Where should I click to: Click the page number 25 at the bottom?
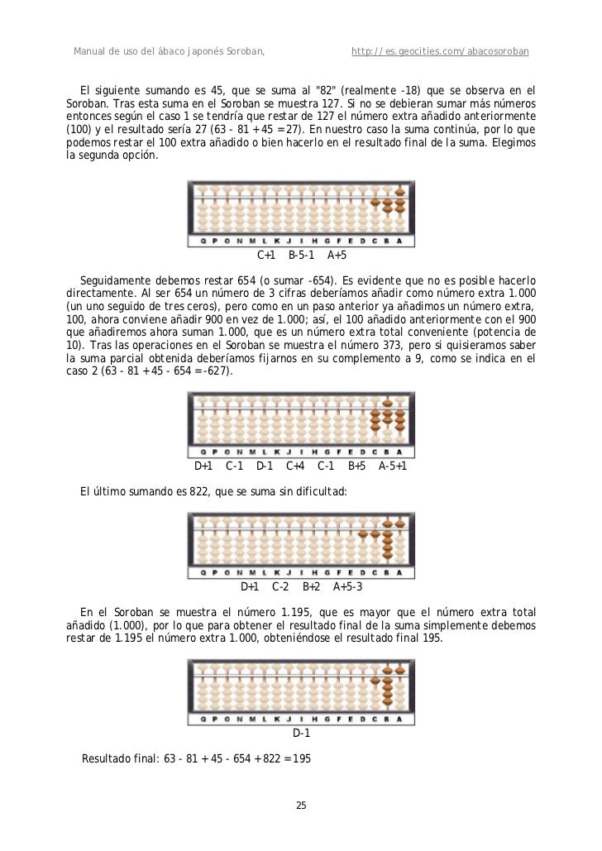coord(301,806)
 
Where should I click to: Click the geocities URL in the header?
coord(440,53)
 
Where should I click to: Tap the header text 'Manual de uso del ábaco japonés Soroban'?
coord(170,53)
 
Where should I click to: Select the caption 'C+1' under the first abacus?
coord(266,256)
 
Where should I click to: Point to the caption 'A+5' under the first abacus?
coord(337,256)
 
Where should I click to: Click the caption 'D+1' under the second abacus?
coord(203,466)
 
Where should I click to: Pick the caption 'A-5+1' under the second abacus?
coord(393,466)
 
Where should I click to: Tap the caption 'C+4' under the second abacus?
coord(295,466)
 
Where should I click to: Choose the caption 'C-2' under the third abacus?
coord(280,587)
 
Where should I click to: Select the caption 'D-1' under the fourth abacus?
coord(302,734)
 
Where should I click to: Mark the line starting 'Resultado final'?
coord(196,758)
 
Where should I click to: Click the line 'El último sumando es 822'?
coord(214,492)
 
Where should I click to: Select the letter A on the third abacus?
coord(399,572)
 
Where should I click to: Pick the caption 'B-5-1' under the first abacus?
coord(302,256)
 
